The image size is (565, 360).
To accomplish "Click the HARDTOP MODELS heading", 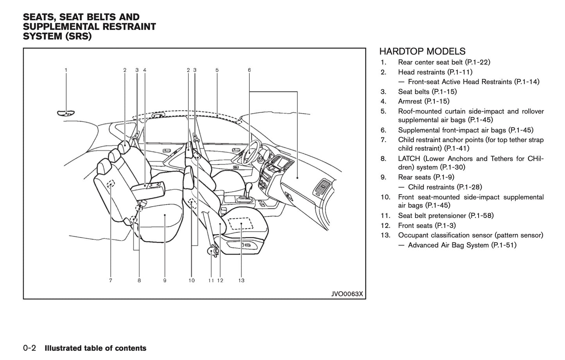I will pos(422,51).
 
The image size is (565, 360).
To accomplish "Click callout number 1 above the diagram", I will pos(66,70).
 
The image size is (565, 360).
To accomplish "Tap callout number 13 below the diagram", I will pos(241,281).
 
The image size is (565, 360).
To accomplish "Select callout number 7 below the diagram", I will pos(111,281).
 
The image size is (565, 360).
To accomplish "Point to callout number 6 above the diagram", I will pos(249,70).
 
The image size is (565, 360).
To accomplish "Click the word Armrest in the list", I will pos(410,101).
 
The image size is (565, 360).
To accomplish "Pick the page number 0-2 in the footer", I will pos(30,348).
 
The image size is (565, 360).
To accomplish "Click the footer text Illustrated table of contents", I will pos(95,348).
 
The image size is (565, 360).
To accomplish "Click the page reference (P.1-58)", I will pos(481,216).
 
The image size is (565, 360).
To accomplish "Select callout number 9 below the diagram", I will pos(165,281).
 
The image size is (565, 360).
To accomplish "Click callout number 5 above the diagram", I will pos(217,70).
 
